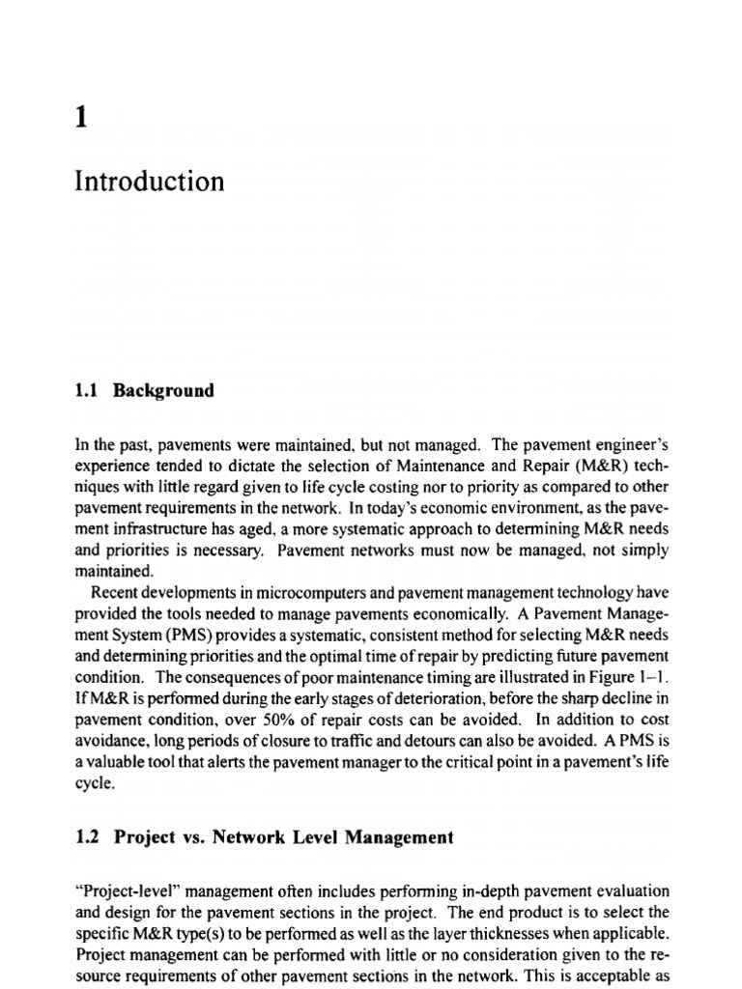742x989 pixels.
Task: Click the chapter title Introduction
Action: coord(149,181)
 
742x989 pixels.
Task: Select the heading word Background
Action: coord(163,391)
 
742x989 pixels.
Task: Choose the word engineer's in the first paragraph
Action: coord(630,445)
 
